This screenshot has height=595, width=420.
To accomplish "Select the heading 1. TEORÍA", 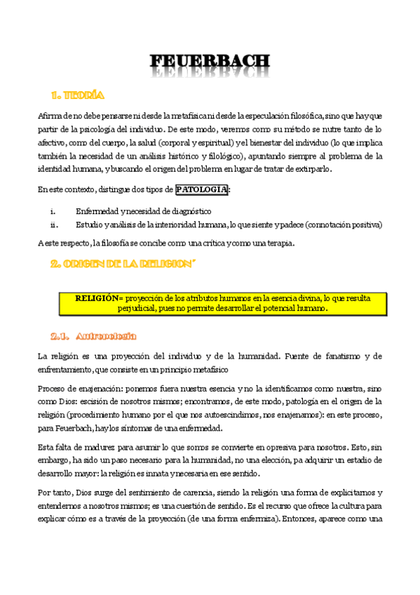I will [78, 95].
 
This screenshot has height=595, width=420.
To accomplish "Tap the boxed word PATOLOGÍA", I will [202, 189].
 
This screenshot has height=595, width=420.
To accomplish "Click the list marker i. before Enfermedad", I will [53, 211].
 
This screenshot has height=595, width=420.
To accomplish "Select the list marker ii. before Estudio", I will [53, 225].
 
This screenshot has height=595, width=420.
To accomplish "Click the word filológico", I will [219, 156].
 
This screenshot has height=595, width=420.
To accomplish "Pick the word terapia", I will [278, 243].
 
